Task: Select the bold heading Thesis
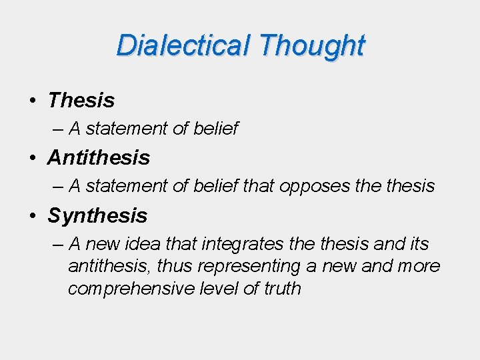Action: [81, 101]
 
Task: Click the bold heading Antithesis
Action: [99, 158]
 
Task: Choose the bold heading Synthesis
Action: [97, 215]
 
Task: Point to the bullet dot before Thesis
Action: [32, 101]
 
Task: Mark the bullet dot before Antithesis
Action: [32, 159]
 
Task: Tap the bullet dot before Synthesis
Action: [32, 216]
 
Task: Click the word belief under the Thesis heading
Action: [216, 129]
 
